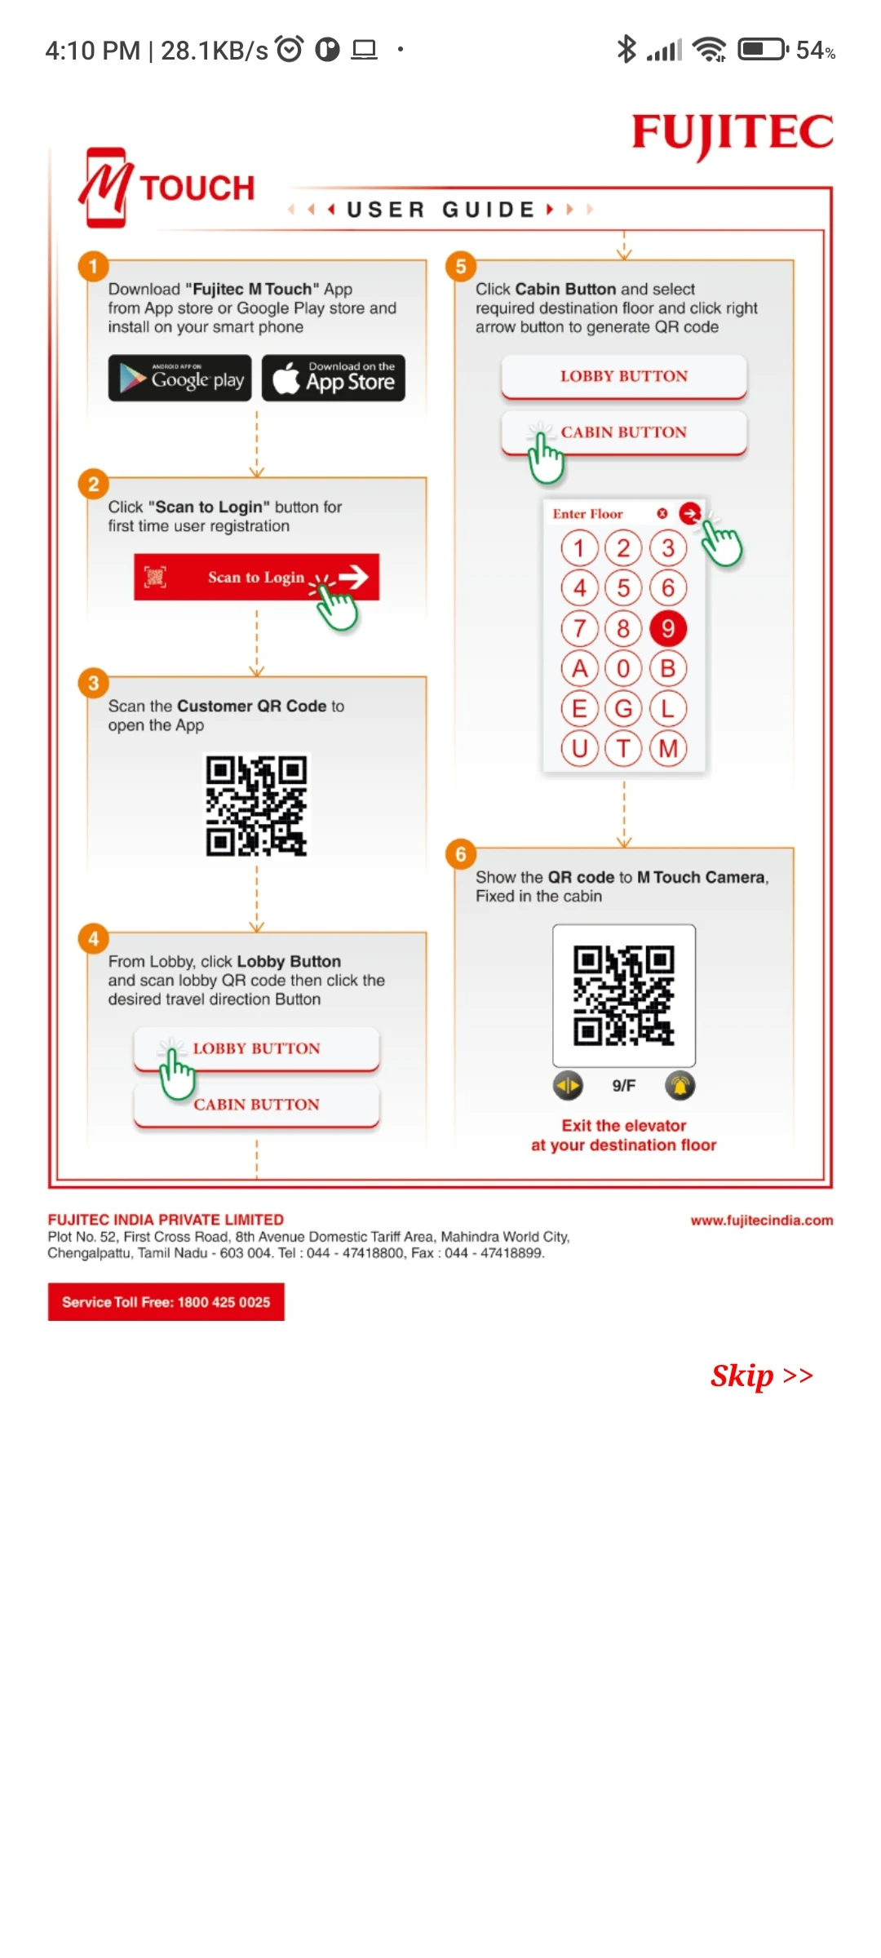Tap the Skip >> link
pos(762,1375)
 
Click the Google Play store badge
pos(180,378)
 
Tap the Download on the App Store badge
pos(334,378)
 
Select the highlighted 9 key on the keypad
pos(668,628)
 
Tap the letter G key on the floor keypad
pos(623,708)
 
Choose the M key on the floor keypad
pos(668,748)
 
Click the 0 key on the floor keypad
pos(623,668)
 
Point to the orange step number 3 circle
pos(94,683)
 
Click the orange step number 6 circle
pos(461,854)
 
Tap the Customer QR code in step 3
pos(256,805)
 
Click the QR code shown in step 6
pos(624,995)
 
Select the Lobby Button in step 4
pos(257,1048)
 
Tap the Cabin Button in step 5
pos(624,432)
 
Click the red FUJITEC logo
pos(733,134)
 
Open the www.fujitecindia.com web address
pos(762,1220)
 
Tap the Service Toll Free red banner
pos(166,1302)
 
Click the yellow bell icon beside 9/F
pos(680,1086)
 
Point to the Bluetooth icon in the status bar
pos(626,50)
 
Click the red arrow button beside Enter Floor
pos(690,513)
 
